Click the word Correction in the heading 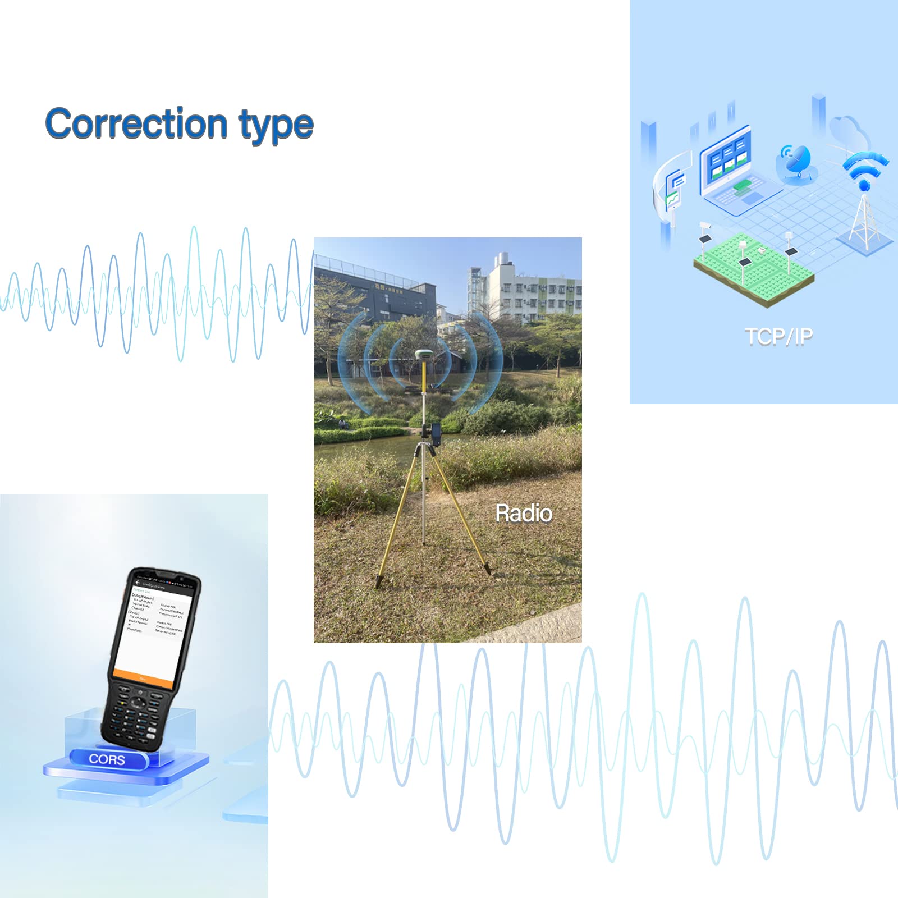[x=136, y=123]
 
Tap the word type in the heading [x=276, y=126]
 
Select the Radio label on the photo [x=523, y=513]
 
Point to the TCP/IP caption [x=778, y=336]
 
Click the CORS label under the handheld [x=107, y=759]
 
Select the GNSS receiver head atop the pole [x=423, y=354]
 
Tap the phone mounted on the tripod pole [x=436, y=435]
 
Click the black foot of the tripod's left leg [x=379, y=581]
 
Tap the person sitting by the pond [x=342, y=423]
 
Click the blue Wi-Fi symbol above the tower [x=864, y=168]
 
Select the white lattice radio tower [x=863, y=219]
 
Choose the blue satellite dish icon [x=796, y=163]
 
